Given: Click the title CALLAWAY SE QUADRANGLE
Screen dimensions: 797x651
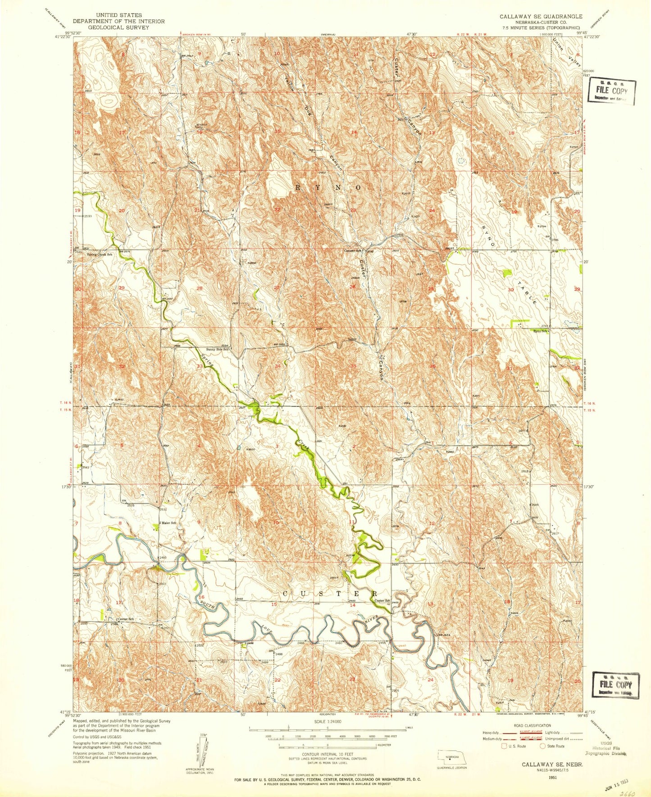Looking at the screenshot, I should pyautogui.click(x=541, y=16).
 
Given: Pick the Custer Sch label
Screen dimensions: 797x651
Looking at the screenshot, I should pyautogui.click(x=382, y=600).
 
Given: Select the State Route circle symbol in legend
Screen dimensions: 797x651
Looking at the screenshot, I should pyautogui.click(x=543, y=746).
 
